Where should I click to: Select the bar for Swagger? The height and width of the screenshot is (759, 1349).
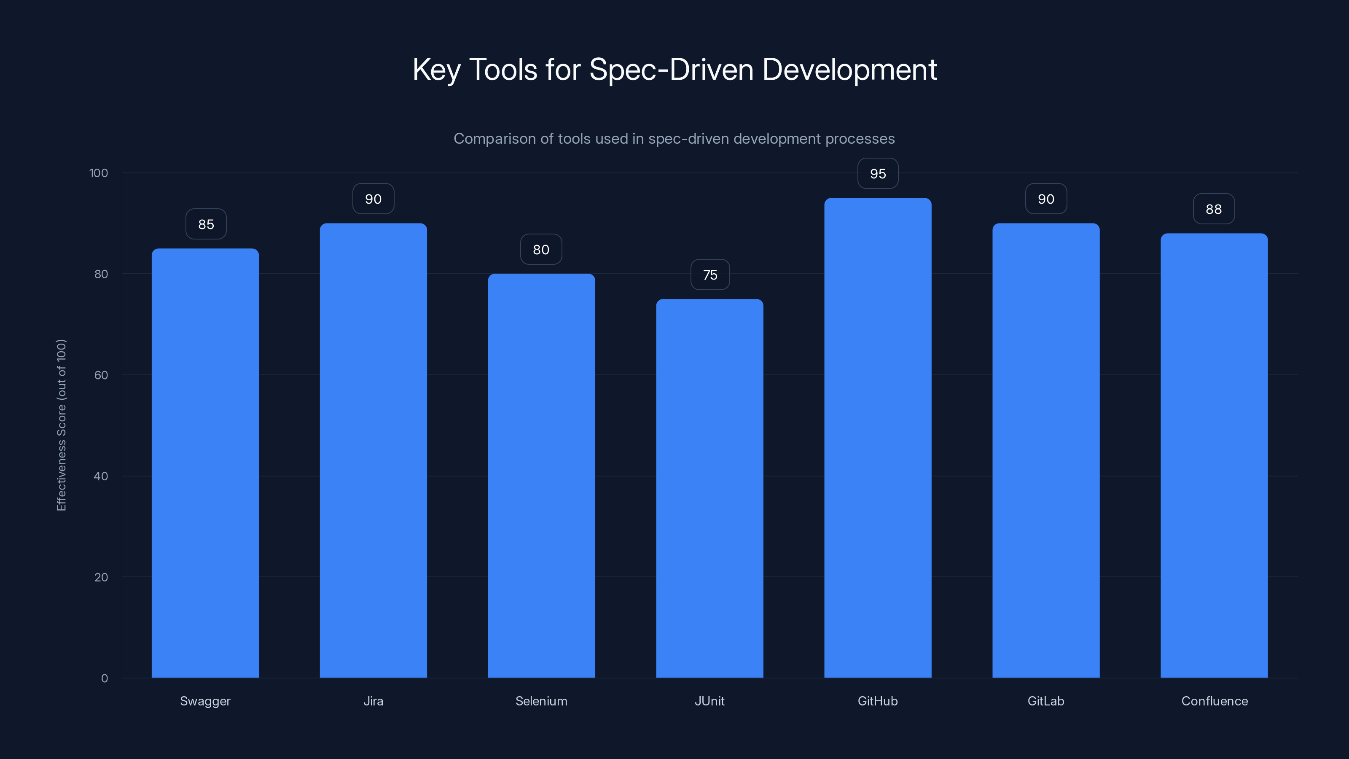205,463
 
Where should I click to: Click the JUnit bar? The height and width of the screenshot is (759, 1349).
709,488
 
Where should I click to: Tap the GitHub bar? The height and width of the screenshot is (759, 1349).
878,438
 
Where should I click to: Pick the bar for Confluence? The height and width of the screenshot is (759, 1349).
1214,455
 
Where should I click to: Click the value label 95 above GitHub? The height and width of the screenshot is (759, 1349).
878,173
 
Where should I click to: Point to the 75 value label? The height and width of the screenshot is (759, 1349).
709,275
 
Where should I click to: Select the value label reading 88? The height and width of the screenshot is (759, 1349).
1213,209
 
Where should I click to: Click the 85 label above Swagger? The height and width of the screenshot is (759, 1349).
206,224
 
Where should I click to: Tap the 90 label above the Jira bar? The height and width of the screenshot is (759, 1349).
373,199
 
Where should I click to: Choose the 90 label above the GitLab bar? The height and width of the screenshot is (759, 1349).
1046,199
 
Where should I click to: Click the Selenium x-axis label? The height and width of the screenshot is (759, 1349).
541,701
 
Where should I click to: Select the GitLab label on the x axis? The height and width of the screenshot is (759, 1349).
1045,701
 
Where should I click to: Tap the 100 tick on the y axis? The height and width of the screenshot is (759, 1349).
99,173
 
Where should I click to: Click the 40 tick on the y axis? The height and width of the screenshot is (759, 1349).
101,476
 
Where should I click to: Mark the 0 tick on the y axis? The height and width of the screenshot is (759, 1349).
104,678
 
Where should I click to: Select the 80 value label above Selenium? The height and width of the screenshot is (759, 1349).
541,249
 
